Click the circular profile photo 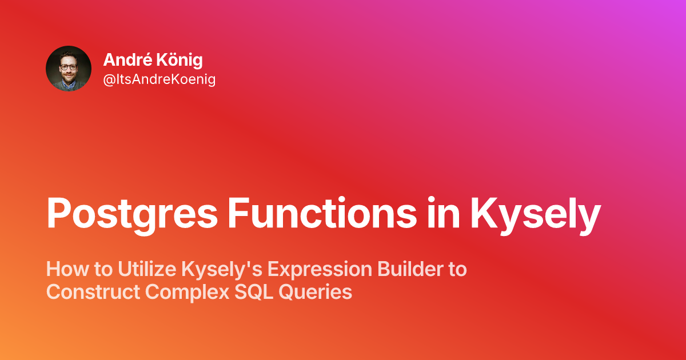pos(69,69)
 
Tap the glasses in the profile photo pos(69,67)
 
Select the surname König pos(181,60)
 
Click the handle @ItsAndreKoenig pos(159,79)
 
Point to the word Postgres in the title pos(132,213)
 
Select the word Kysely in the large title pos(535,216)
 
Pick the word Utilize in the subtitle pos(147,269)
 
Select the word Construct pos(93,291)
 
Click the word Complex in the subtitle pos(187,293)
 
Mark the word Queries pos(315,292)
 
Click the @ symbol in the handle pos(109,80)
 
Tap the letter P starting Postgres pos(58,213)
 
